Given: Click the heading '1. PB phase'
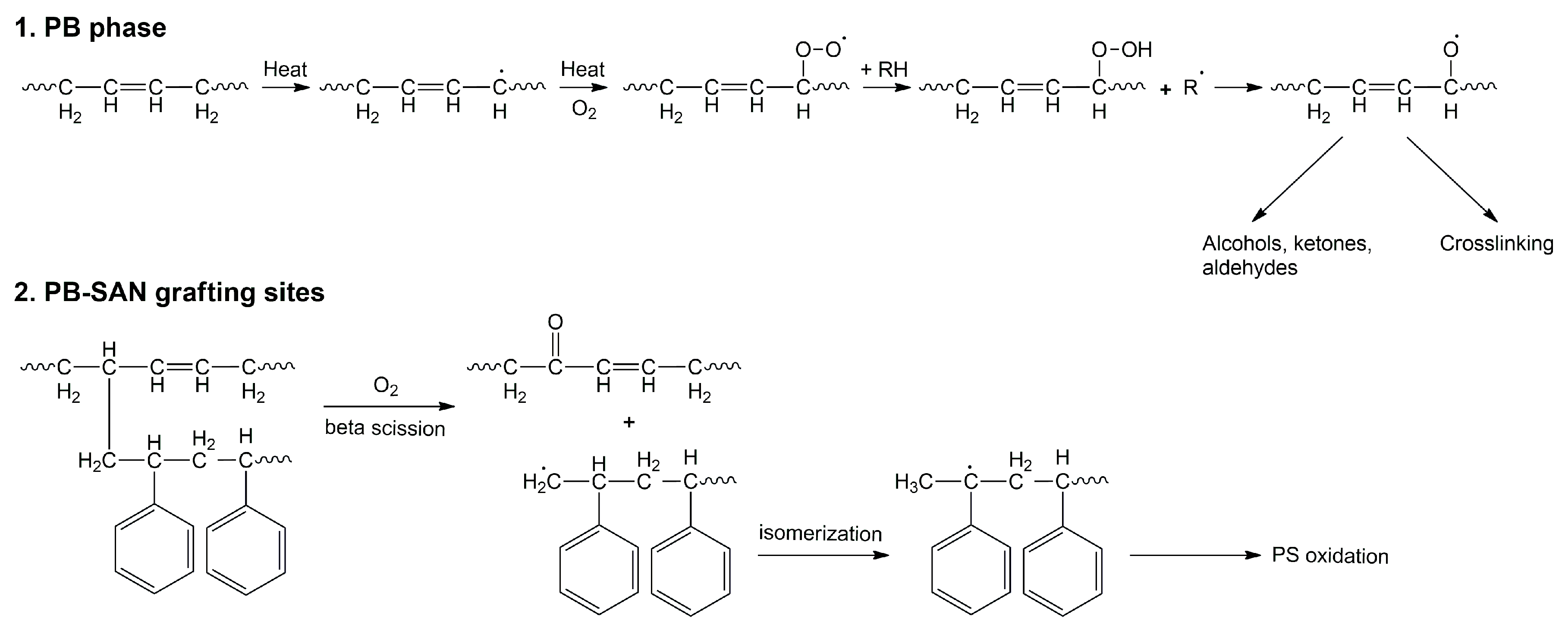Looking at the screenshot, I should click(90, 28).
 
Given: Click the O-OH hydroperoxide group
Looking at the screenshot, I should click(1121, 50).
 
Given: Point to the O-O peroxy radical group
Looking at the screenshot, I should click(819, 48).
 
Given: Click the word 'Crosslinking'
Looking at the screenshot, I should click(1496, 244).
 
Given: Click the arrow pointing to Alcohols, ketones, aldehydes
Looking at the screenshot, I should click(1298, 179).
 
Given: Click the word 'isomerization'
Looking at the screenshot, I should click(820, 534).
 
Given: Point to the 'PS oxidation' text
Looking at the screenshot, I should click(1330, 556).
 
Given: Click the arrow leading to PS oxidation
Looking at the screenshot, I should click(1194, 555).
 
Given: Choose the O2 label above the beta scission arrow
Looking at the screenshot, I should click(386, 386).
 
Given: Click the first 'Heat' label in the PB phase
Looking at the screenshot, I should click(285, 70).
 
